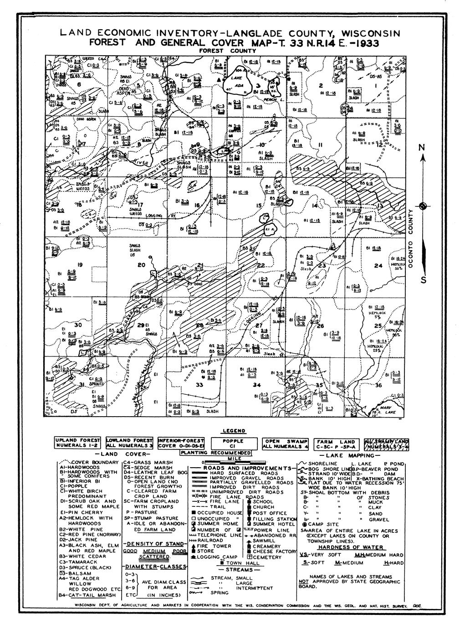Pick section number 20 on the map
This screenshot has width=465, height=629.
coord(141,265)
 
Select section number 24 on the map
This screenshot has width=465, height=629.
coord(378,266)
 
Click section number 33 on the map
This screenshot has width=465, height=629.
coord(199,385)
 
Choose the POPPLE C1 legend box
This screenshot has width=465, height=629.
coord(233,444)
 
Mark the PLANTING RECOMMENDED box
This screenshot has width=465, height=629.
coord(216,453)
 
